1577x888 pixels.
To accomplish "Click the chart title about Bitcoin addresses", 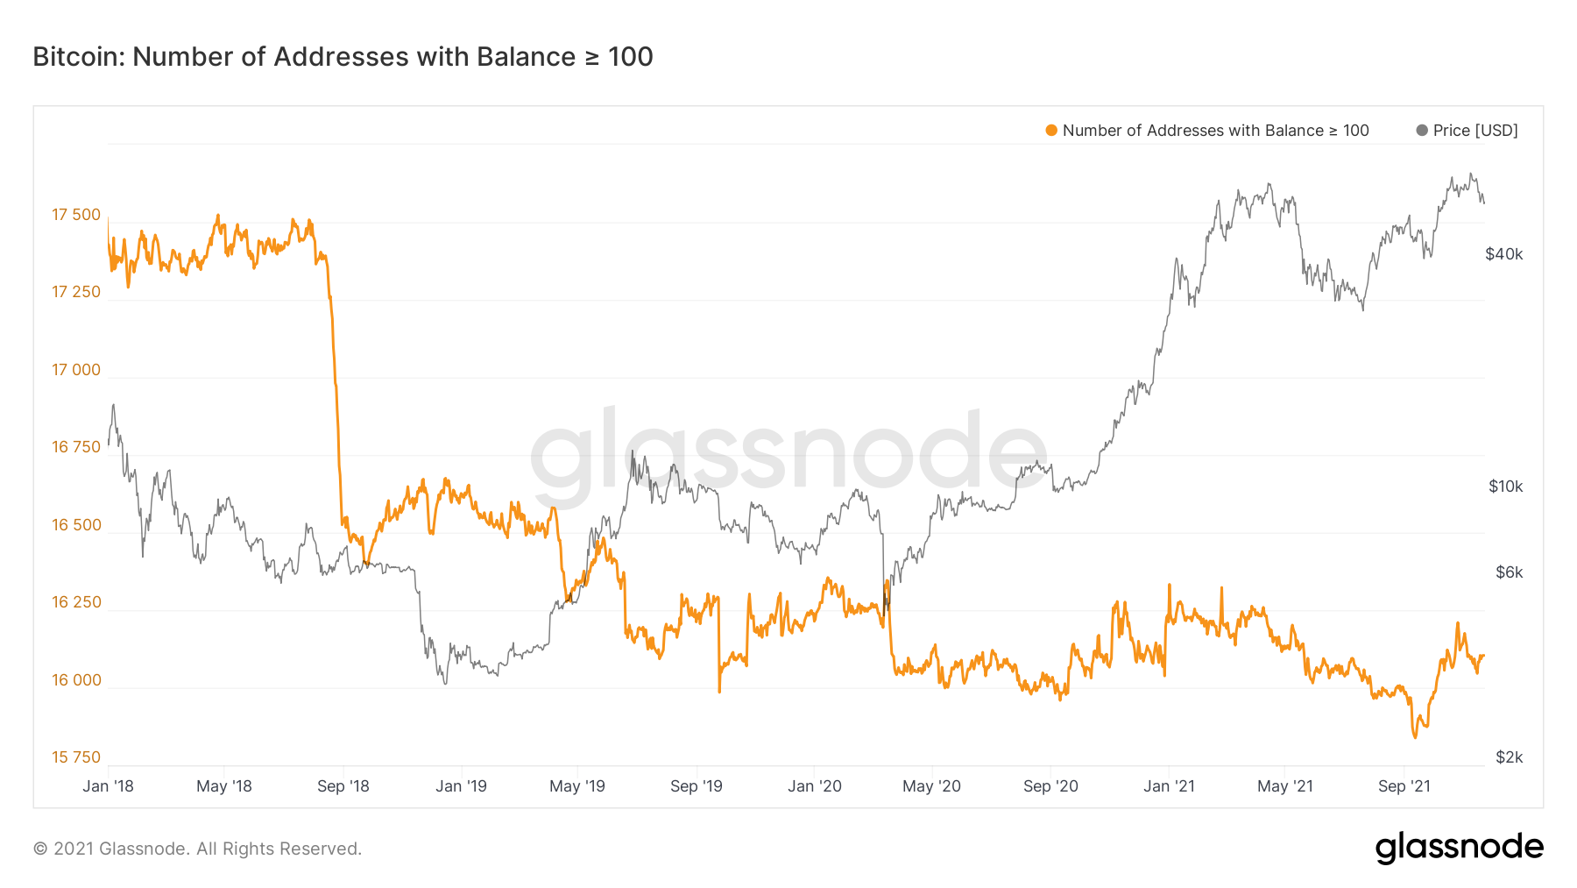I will (343, 57).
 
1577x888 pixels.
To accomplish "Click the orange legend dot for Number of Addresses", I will (1051, 131).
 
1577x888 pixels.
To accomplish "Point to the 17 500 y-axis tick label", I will (76, 215).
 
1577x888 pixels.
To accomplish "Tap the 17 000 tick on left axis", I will (76, 370).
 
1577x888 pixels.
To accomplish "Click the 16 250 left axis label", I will (76, 602).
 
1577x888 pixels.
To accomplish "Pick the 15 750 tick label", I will (76, 757).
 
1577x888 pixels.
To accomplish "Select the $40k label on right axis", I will (1504, 254).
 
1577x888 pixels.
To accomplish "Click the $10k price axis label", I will (1505, 487).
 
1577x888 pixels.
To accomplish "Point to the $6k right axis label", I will (1509, 572).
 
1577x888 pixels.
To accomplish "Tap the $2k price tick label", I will (1509, 757).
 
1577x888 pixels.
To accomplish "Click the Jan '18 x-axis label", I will (108, 786).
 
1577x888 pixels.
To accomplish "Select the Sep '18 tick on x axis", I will (343, 786).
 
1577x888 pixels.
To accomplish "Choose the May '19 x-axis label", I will (576, 786).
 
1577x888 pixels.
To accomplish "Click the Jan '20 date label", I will (814, 786).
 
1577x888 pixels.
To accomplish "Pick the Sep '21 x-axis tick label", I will (1404, 786).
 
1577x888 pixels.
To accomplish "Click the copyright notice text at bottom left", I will (197, 849).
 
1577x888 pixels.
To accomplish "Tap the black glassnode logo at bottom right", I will (1459, 848).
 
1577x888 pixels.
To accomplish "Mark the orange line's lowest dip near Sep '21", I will (1414, 737).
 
